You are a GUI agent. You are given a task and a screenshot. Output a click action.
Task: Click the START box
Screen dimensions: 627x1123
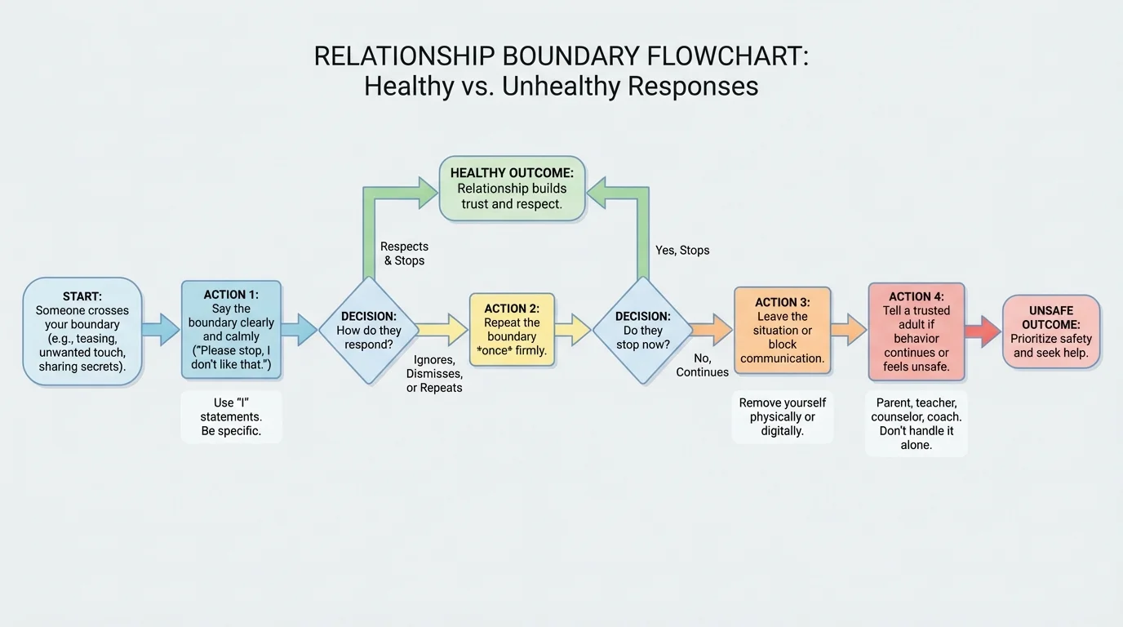[x=82, y=331]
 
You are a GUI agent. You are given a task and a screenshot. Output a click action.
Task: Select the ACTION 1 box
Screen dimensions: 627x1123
[x=231, y=330]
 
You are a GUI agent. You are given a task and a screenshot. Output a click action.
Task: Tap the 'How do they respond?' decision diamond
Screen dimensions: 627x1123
[x=368, y=331]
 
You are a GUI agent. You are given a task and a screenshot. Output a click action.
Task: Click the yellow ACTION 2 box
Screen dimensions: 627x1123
[x=512, y=330]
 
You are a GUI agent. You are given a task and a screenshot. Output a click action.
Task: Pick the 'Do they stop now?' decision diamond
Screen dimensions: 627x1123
[x=642, y=331]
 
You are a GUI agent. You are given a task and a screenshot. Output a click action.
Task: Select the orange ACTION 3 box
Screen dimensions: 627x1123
[x=782, y=331]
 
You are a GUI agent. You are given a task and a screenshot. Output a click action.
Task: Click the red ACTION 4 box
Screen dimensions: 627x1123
[x=916, y=331]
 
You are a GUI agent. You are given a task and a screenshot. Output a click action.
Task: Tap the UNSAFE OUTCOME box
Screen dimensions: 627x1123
[x=1050, y=331]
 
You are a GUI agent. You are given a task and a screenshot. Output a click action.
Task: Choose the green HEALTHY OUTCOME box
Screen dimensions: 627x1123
[x=512, y=189]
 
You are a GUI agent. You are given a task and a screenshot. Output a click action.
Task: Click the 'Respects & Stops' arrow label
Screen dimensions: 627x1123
[x=404, y=254]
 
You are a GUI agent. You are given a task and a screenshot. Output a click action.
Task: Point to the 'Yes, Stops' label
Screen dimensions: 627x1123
[x=682, y=251]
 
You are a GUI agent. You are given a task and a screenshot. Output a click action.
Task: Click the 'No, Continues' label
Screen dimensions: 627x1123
[x=702, y=366]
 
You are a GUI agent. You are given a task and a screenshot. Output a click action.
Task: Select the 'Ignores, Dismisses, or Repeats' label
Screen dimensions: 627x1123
[x=434, y=374]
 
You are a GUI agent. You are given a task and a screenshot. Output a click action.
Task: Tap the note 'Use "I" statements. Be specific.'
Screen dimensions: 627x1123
[x=231, y=416]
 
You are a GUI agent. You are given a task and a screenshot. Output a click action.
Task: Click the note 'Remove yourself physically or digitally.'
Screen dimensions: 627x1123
[x=782, y=416]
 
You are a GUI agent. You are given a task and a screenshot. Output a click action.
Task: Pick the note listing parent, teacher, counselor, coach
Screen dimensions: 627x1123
[x=916, y=424]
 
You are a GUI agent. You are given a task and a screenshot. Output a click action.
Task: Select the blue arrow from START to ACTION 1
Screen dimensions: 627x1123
[x=161, y=330]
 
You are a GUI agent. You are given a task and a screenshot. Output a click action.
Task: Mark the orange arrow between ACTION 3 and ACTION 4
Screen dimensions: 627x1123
[x=850, y=330]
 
